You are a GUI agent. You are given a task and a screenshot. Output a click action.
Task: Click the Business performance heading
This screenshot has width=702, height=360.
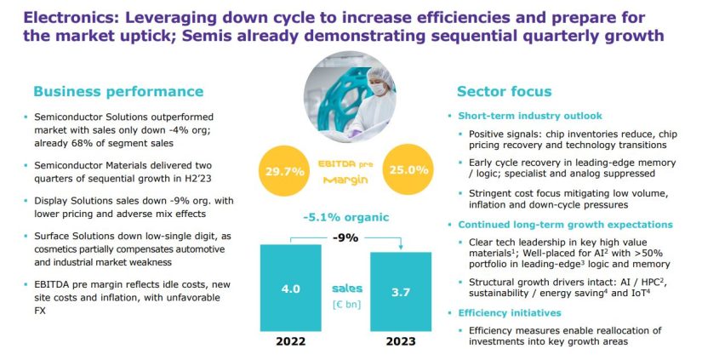pyautogui.click(x=118, y=91)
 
